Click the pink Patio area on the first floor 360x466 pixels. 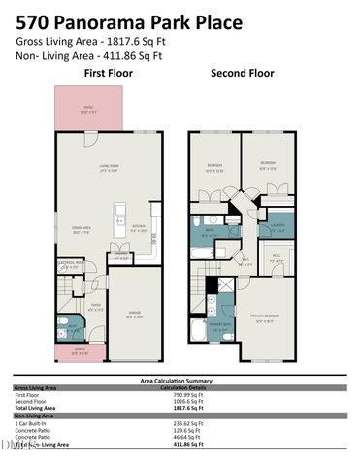coord(87,109)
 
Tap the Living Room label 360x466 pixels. coord(108,168)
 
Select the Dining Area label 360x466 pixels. coord(81,231)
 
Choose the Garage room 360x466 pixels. coord(136,315)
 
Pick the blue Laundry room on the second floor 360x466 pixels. coord(278,229)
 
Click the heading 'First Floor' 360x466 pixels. coord(107,74)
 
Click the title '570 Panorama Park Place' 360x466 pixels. coord(114,17)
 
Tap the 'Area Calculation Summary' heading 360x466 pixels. coord(180,381)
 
